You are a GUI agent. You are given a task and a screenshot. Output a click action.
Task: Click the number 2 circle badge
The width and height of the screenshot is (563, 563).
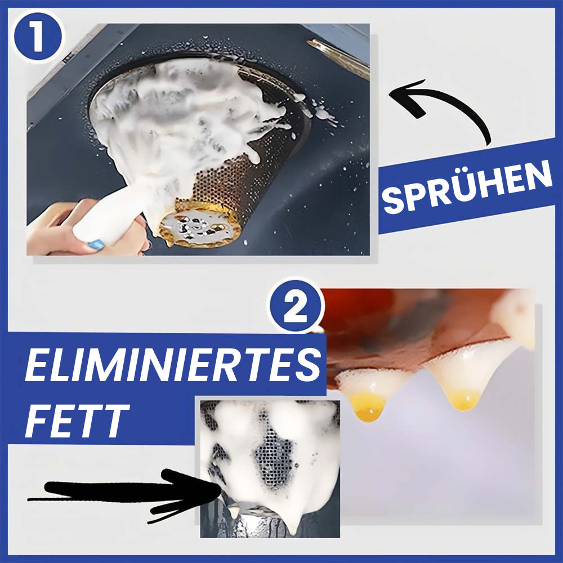pos(296,306)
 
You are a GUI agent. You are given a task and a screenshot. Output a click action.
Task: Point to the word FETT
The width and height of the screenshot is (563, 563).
pos(77,421)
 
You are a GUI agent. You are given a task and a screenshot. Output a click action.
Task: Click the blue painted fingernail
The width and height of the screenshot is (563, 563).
pos(96,244)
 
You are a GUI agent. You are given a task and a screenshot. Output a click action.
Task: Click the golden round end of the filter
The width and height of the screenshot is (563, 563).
pos(200,226)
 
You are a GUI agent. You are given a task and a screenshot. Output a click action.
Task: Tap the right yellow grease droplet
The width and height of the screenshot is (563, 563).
pos(464,399)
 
